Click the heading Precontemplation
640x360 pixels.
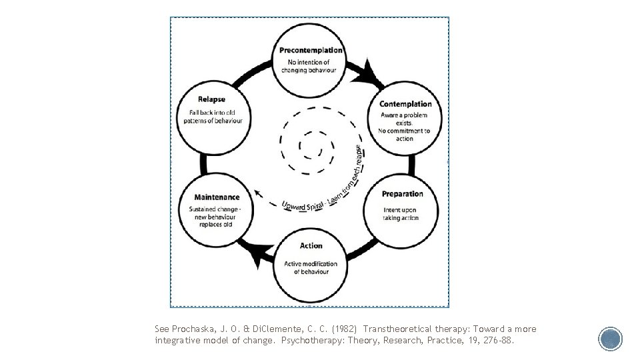(x=310, y=50)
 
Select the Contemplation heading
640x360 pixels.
(x=405, y=104)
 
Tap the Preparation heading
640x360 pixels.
(x=402, y=194)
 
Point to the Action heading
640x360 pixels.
(x=311, y=246)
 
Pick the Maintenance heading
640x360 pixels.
(x=217, y=197)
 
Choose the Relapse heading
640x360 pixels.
(x=211, y=100)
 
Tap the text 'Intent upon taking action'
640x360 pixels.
(x=401, y=214)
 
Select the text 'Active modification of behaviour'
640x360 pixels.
(x=311, y=267)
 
